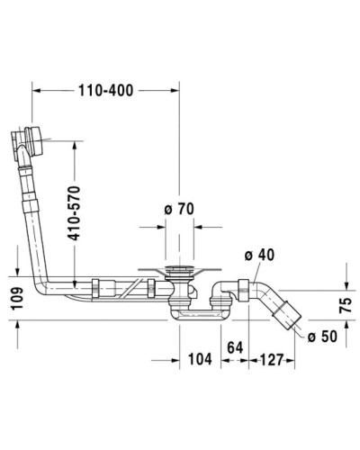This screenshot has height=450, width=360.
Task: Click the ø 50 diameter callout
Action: click(322, 337)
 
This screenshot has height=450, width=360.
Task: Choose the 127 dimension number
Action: click(268, 360)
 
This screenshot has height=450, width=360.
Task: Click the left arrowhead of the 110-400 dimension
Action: click(37, 89)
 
